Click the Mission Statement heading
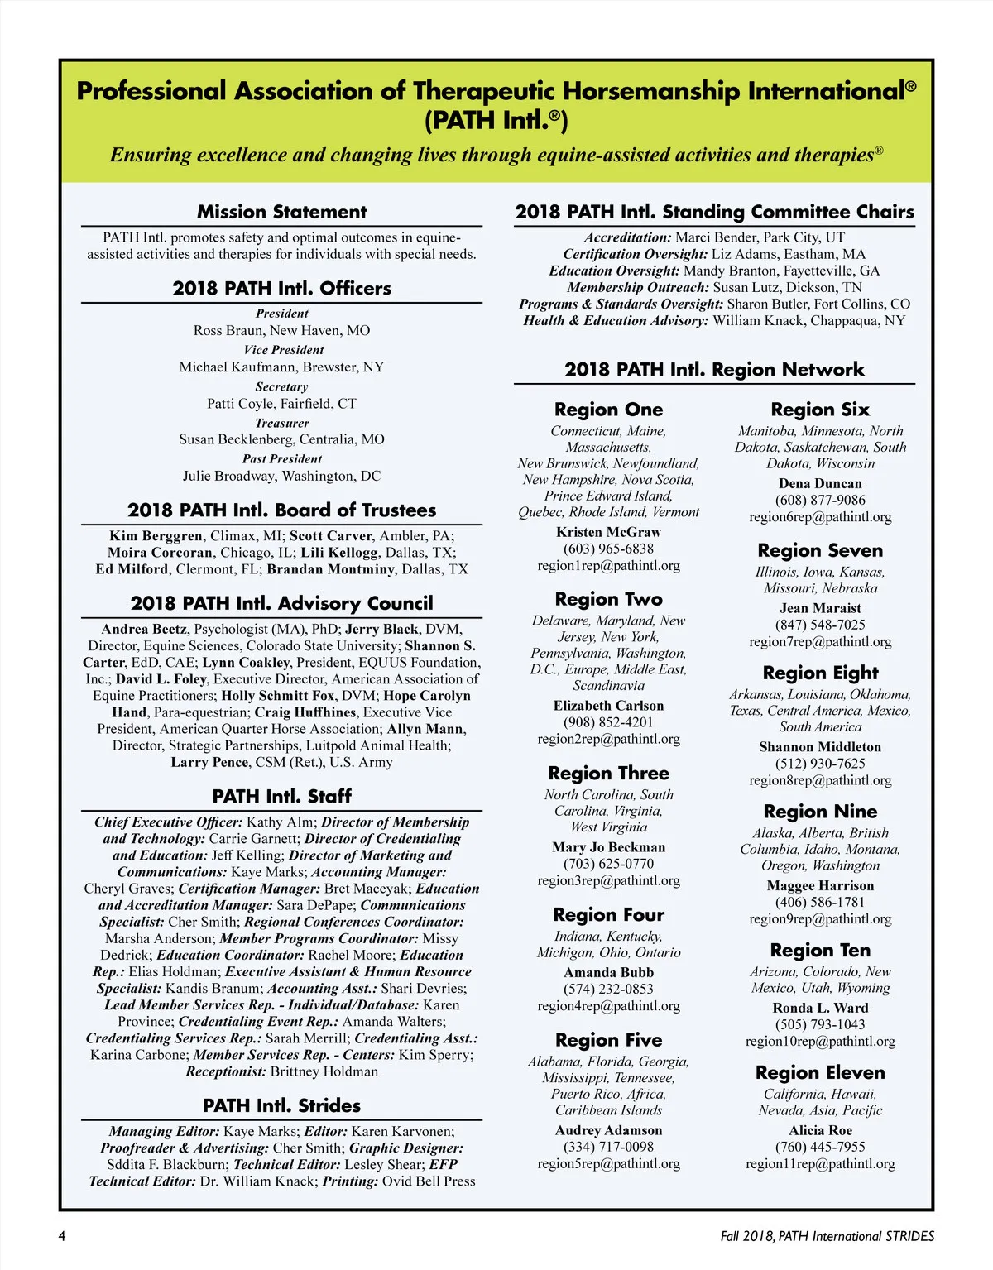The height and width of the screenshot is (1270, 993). (x=281, y=212)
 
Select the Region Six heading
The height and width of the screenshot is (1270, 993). (x=820, y=410)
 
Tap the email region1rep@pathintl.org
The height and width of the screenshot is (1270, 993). (x=608, y=566)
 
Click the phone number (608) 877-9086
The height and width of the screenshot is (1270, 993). (x=820, y=501)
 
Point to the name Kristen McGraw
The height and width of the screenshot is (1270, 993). (x=608, y=532)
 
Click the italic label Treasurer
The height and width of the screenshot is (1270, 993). (x=281, y=423)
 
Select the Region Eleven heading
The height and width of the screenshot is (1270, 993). (x=820, y=1073)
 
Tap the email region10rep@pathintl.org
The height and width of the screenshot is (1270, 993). (x=820, y=1042)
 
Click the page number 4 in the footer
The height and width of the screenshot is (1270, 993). (x=62, y=1236)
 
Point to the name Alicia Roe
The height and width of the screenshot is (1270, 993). (x=820, y=1130)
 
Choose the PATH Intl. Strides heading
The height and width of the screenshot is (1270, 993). (x=281, y=1106)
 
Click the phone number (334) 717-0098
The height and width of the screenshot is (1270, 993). (x=608, y=1147)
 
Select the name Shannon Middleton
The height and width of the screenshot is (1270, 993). (x=820, y=747)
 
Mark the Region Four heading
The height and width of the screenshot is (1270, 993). (x=608, y=915)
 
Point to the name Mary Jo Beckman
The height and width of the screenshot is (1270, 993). (x=608, y=847)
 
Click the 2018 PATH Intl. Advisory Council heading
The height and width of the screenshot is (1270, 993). (x=281, y=603)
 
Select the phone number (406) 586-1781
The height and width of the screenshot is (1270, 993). (x=820, y=903)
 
